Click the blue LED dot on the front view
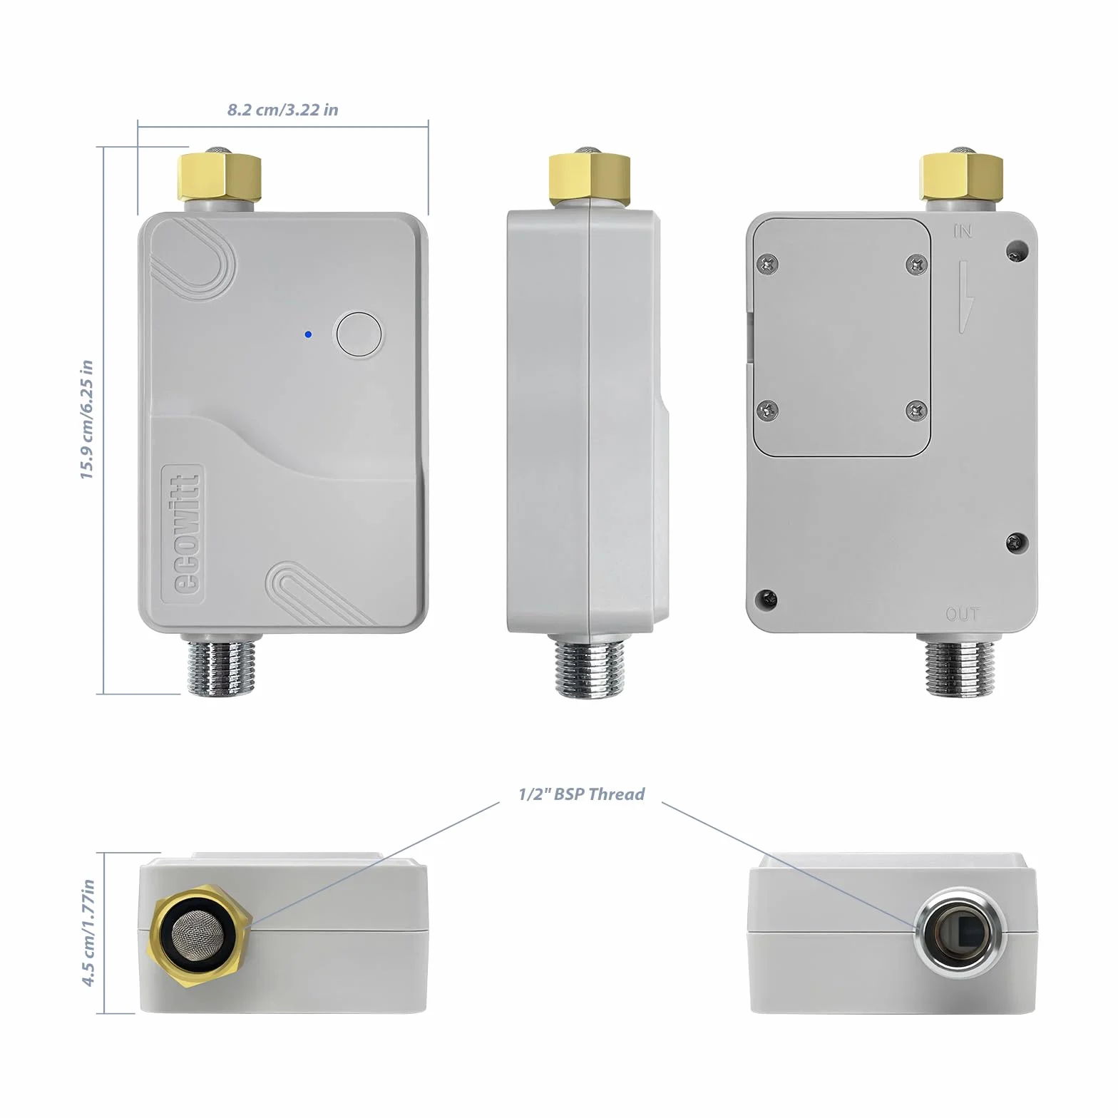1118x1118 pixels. [307, 334]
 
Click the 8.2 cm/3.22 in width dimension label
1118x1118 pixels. [283, 110]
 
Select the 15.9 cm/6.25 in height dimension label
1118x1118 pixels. [87, 419]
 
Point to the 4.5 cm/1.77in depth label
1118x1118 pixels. [88, 933]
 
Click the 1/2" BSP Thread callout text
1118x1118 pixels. [581, 794]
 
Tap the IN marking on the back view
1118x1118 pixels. [963, 231]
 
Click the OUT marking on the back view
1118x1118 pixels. [962, 613]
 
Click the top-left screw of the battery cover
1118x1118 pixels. [768, 264]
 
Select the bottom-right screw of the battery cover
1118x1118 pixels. [916, 410]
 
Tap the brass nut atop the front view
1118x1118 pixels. [220, 175]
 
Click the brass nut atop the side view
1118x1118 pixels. [589, 175]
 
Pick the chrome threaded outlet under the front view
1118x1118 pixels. [220, 664]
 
